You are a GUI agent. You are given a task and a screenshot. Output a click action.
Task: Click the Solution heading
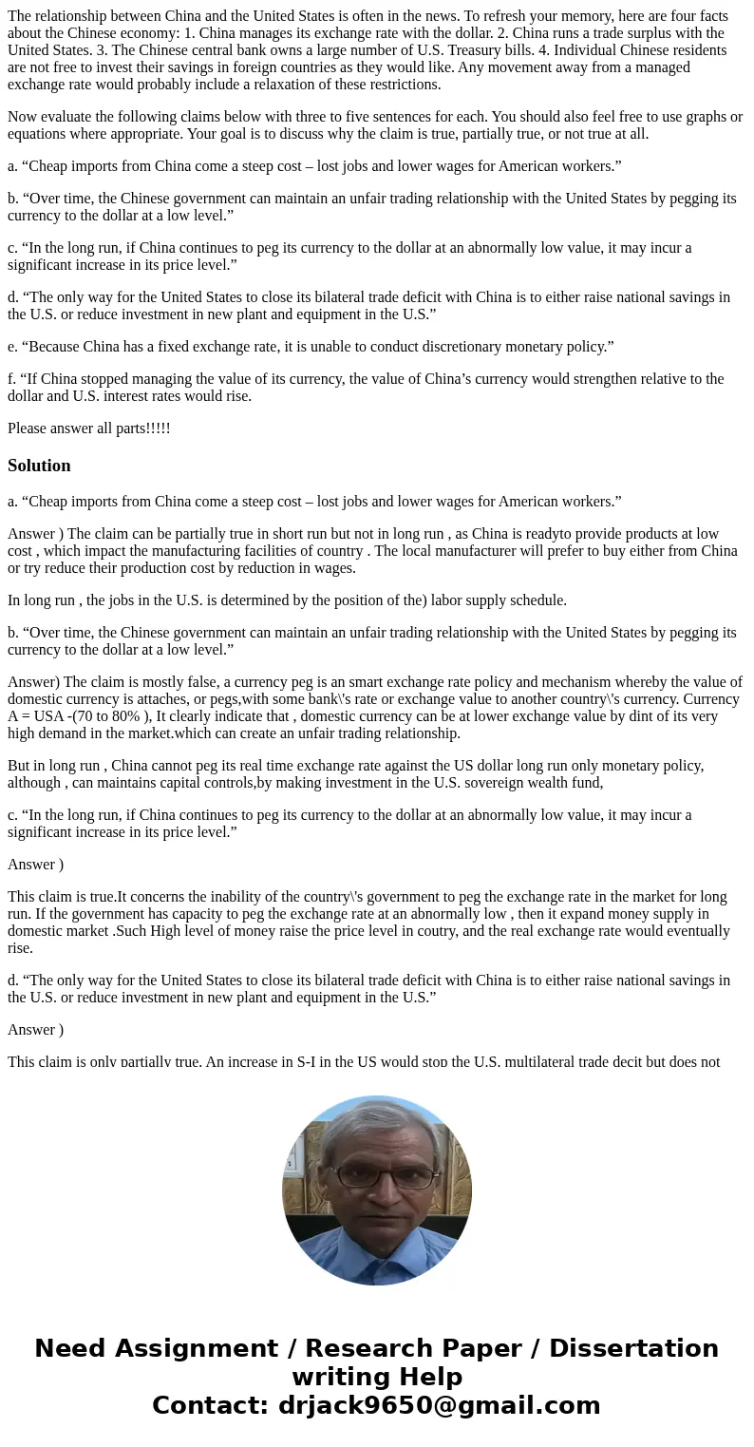pos(39,466)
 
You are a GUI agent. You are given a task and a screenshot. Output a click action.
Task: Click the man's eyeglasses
pos(378,1176)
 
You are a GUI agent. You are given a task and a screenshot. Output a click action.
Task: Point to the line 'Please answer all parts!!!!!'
pos(89,428)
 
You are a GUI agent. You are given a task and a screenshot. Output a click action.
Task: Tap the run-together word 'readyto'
pos(532,534)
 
